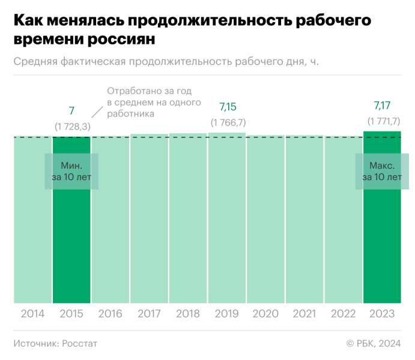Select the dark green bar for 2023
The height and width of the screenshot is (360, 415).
pos(382,240)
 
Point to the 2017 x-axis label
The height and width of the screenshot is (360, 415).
pos(149,314)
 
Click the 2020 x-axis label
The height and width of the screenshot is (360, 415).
pos(265,314)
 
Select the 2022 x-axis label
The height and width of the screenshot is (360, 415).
pos(343,314)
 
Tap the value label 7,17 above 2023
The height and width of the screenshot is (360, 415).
pos(382,106)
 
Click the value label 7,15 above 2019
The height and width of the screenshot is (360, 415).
pos(228,107)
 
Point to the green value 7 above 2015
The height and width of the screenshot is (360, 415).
pos(71,110)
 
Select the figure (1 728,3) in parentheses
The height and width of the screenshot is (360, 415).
pos(72,126)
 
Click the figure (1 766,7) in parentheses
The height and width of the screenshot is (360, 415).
pos(228,122)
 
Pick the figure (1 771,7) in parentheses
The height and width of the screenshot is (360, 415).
pos(383,121)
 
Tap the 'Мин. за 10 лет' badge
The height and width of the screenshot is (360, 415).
pos(71,171)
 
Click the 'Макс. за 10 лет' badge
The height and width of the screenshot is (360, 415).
pos(382,171)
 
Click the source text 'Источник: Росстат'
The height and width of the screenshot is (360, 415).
pos(55,343)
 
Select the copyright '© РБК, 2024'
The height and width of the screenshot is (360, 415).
pos(373,343)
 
